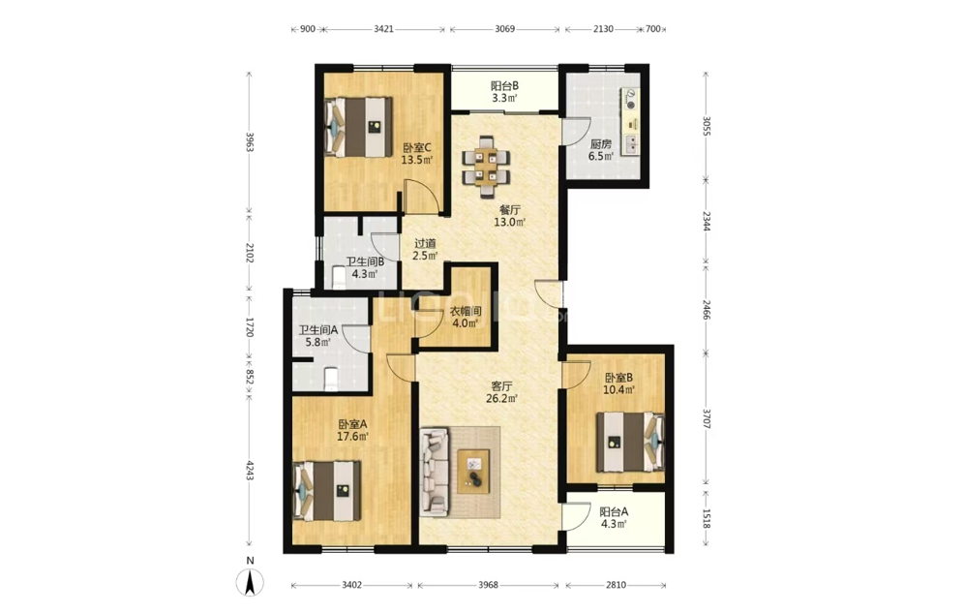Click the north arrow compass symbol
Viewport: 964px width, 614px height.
[250, 582]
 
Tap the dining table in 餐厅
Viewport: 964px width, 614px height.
[486, 168]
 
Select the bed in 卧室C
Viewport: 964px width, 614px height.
[358, 127]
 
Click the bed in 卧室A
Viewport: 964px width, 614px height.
[326, 491]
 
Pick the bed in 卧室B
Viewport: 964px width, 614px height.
[631, 442]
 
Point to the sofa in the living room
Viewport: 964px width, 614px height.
[436, 472]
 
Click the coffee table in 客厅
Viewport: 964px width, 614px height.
[473, 472]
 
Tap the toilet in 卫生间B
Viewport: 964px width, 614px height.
[339, 278]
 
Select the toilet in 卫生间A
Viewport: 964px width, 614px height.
[330, 379]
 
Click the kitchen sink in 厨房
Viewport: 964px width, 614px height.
[631, 144]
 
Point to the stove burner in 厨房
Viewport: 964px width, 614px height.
[631, 100]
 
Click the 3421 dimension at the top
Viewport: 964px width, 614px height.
[383, 29]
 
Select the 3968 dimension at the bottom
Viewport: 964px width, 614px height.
[488, 585]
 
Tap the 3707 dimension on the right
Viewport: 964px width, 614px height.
[707, 421]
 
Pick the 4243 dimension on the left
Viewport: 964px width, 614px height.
[250, 471]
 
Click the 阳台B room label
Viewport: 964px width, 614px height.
[505, 86]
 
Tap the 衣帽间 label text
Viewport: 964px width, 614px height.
[466, 312]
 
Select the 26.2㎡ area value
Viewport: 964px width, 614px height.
[501, 399]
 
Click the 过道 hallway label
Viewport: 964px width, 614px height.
[425, 244]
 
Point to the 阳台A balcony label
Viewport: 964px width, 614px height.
[614, 512]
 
